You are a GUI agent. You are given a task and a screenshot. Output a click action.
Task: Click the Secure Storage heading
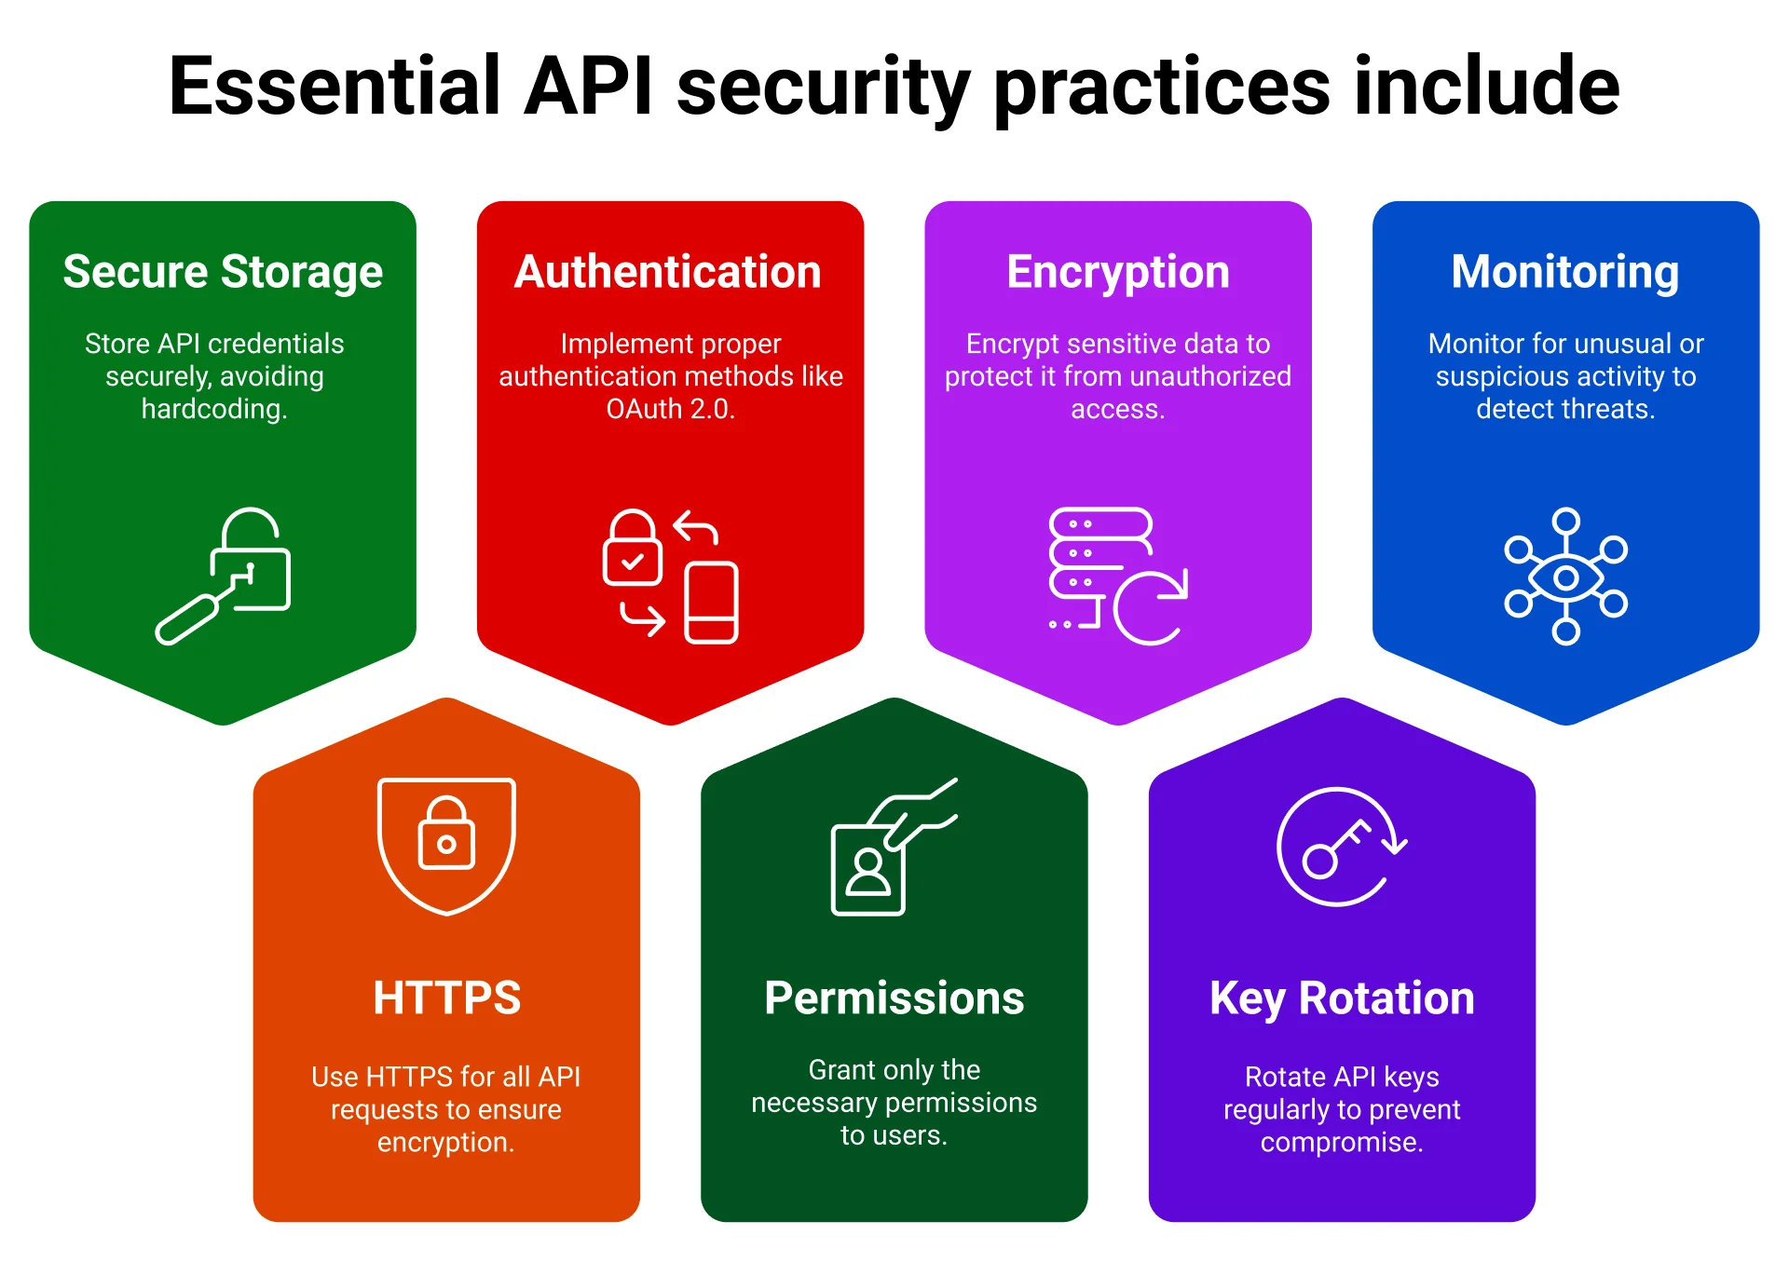[223, 272]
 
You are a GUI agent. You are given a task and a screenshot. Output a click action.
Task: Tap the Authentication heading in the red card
[668, 272]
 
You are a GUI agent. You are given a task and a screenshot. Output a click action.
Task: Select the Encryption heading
[1117, 272]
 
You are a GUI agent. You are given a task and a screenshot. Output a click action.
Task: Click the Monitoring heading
[1564, 272]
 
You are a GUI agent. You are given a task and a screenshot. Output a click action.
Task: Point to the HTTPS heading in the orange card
[446, 997]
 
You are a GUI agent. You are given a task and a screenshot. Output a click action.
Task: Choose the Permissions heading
[894, 997]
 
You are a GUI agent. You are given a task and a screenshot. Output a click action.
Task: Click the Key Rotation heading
[1341, 997]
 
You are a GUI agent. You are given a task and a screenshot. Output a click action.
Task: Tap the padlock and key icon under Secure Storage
[224, 576]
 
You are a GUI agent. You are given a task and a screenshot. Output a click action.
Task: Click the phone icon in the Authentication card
[711, 603]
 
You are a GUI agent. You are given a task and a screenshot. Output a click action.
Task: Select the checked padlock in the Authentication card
[632, 550]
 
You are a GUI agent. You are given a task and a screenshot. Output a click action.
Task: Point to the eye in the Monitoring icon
[1565, 577]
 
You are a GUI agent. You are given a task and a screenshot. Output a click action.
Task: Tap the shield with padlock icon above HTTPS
[446, 844]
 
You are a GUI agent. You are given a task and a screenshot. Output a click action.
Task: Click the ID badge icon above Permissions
[868, 868]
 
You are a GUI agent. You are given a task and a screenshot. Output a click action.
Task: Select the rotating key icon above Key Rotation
[1339, 846]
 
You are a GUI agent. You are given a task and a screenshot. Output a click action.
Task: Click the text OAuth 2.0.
[670, 409]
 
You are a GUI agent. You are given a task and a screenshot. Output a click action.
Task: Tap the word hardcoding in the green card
[213, 409]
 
